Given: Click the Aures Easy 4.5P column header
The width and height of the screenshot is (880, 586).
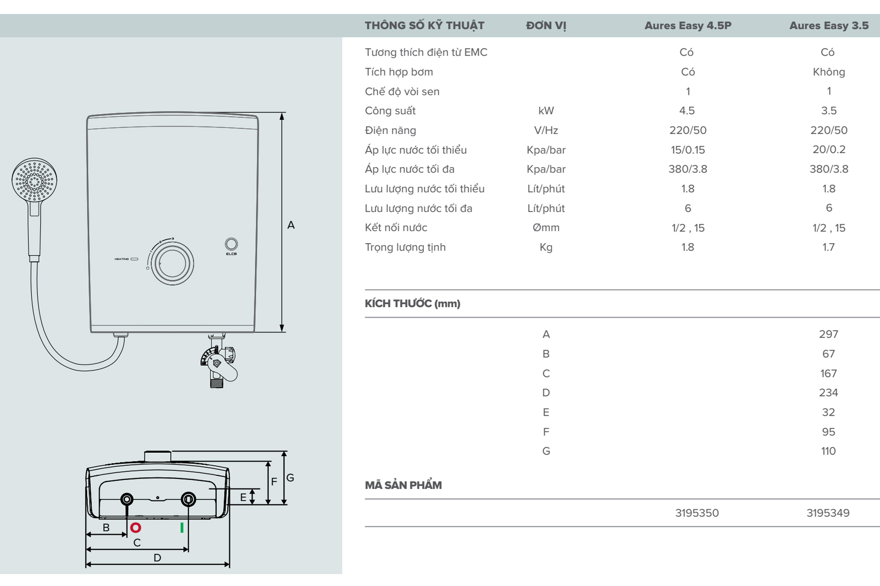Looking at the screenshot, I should [687, 26].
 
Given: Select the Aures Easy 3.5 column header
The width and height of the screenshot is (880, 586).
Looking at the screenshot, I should [828, 26].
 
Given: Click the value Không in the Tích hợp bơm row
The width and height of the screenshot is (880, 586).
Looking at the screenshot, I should [828, 72].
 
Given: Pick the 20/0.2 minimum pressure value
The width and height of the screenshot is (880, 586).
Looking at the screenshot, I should [828, 150].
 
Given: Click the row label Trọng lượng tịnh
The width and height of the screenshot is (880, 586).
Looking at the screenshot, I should [405, 247].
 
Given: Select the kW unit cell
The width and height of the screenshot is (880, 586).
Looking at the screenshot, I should [546, 111].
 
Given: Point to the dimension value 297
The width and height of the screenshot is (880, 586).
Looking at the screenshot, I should [828, 334].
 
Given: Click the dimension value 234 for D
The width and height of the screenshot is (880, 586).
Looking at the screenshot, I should [828, 393].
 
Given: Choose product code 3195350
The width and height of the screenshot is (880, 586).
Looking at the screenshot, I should [697, 513].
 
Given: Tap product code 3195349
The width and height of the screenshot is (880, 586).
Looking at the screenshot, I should [828, 513].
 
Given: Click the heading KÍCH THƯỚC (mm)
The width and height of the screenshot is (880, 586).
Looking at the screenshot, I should [412, 304].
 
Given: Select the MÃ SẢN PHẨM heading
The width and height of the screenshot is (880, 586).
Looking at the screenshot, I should [403, 485].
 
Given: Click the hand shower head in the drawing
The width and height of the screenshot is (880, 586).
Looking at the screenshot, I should [34, 180].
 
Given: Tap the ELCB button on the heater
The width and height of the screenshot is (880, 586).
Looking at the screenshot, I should [231, 244].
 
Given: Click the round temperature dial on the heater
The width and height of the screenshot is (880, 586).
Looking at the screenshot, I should [172, 264].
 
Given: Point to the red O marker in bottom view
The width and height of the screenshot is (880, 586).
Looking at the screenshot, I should [136, 528].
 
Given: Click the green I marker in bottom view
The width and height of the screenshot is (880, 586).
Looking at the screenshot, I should [182, 528].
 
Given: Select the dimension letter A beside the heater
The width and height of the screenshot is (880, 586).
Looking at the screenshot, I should [291, 225].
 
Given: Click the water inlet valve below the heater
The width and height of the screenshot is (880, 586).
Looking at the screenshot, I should [219, 362].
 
